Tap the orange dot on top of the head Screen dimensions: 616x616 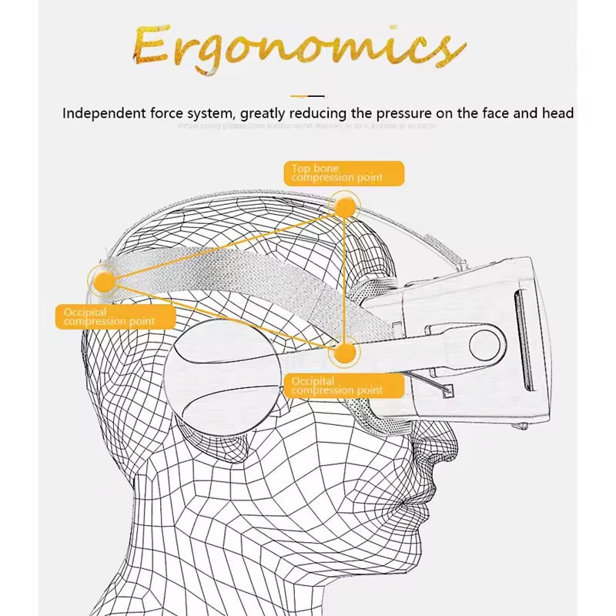(x=345, y=206)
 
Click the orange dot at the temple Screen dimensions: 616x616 (x=345, y=353)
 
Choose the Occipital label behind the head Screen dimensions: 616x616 (x=115, y=316)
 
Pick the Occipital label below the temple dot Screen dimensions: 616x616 (x=344, y=386)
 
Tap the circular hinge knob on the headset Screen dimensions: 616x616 (x=487, y=343)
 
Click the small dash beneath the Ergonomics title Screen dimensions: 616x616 (x=308, y=96)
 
